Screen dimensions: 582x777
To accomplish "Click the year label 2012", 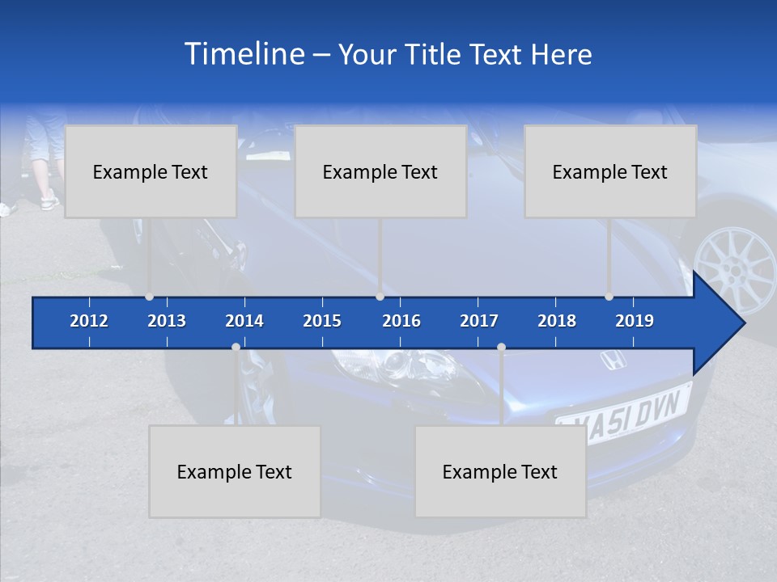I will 89,321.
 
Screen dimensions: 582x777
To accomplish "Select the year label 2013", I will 167,321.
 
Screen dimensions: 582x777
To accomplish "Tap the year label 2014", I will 244,321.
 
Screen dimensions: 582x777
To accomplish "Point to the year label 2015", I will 322,321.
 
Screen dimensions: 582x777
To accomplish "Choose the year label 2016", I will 401,321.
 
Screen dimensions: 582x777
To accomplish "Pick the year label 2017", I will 479,321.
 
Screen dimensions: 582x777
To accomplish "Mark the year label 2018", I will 557,321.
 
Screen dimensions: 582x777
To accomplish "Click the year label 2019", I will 635,321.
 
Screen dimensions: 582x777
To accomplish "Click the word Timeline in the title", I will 243,54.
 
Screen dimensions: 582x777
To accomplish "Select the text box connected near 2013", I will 151,171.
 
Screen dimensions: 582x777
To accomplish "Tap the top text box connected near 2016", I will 380,171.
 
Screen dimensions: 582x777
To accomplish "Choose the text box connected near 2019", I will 610,171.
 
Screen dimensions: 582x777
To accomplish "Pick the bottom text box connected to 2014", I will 235,471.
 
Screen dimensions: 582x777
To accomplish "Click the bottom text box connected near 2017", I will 500,471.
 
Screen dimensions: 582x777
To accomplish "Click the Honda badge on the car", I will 613,361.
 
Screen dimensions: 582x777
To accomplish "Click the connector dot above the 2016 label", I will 380,297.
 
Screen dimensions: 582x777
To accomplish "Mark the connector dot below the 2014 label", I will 236,348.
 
